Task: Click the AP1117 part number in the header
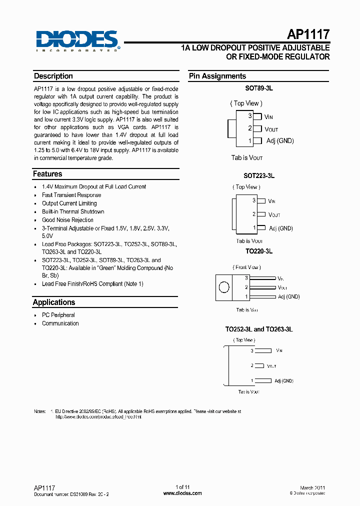(x=308, y=34)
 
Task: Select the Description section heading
(x=53, y=76)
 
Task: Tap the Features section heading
(x=48, y=174)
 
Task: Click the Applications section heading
(x=54, y=302)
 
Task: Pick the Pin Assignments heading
(x=217, y=76)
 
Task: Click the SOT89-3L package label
(x=258, y=88)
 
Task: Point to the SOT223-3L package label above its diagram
(x=258, y=176)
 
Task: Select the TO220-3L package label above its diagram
(x=258, y=251)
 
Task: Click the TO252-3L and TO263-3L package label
(x=258, y=330)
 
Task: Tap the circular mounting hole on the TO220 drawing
(x=224, y=287)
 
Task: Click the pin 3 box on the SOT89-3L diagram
(x=257, y=116)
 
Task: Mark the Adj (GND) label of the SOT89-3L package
(x=280, y=141)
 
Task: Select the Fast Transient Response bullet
(x=71, y=195)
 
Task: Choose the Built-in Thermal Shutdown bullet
(x=73, y=211)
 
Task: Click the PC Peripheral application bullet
(x=58, y=315)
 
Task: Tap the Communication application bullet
(x=60, y=323)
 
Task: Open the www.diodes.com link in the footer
(x=182, y=493)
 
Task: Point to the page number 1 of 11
(x=182, y=487)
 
